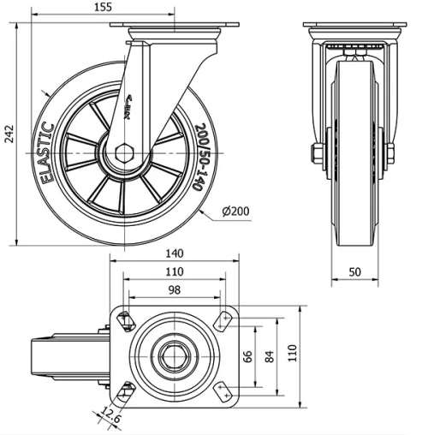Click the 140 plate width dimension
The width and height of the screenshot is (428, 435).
175,254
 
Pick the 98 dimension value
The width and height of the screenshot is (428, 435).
175,289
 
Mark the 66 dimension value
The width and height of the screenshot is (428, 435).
249,355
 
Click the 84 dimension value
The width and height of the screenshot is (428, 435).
270,355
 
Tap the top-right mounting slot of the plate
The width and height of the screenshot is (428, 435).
225,320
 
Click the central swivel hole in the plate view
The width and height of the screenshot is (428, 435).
175,355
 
